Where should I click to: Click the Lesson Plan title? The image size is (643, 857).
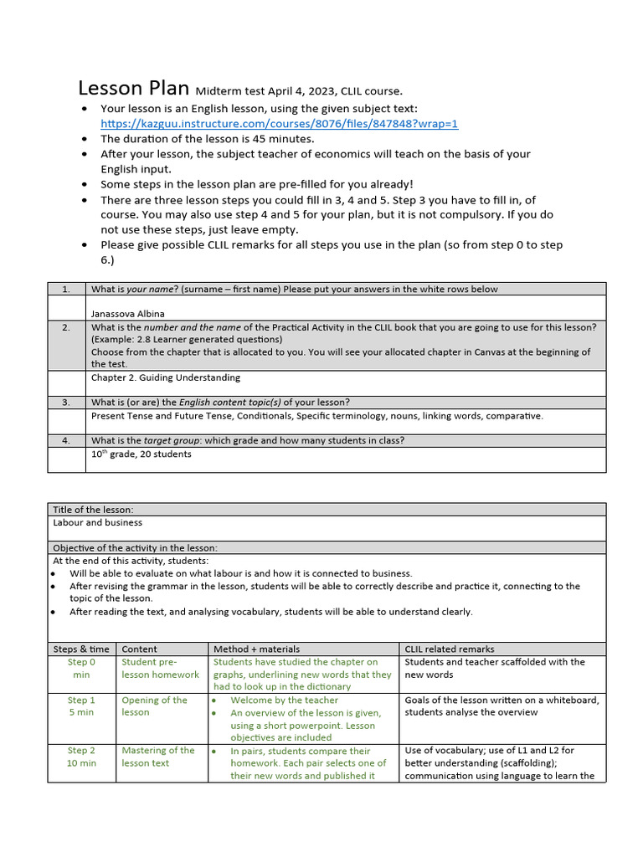point(134,89)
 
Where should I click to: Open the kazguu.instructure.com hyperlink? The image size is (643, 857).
point(280,124)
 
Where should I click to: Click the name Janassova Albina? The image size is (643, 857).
point(128,313)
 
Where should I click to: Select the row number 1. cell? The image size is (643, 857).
point(66,289)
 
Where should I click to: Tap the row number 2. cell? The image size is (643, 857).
point(66,327)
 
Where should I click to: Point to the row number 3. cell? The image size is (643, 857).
point(66,402)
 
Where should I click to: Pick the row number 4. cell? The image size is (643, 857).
point(66,440)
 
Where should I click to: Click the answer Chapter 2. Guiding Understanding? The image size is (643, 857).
point(166,377)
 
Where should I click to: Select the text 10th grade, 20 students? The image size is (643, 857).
point(141,454)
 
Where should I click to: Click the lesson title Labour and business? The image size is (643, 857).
point(97,522)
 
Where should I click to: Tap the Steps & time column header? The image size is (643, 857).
point(81,649)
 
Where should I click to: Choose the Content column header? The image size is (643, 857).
point(139,649)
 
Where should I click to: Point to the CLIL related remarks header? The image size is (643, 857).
point(450,649)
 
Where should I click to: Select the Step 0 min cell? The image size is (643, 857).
point(81,668)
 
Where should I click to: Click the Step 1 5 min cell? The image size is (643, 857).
point(81,706)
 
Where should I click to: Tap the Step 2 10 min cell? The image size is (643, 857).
point(81,757)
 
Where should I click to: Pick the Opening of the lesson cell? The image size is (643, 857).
point(155,706)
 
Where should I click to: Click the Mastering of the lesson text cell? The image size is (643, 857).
point(158,757)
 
